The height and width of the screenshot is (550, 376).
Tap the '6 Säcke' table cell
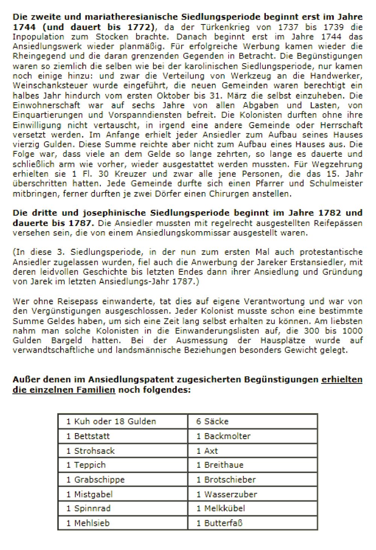(x=252, y=421)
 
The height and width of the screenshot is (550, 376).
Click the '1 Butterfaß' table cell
(x=252, y=523)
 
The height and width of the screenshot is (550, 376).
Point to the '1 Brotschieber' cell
(x=252, y=479)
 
